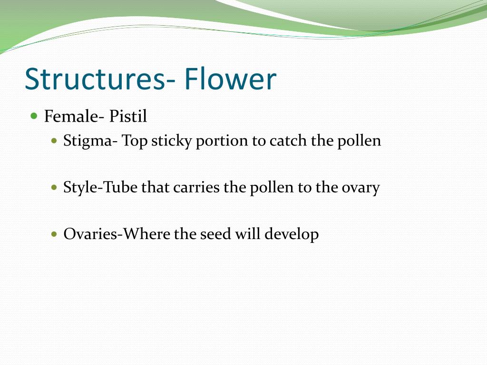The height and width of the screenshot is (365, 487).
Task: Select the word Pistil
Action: pos(128,116)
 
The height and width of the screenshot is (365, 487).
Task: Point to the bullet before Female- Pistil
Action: pos(34,115)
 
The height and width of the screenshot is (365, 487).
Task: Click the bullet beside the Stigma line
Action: pos(54,141)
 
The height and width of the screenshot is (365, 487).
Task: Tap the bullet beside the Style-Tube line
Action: pos(54,188)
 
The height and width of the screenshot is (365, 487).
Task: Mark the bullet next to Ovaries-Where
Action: pos(54,234)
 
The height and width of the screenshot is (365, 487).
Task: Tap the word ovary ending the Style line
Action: pos(360,188)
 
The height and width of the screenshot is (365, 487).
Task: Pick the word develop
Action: pos(291,234)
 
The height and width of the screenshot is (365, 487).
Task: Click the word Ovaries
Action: pos(90,234)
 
